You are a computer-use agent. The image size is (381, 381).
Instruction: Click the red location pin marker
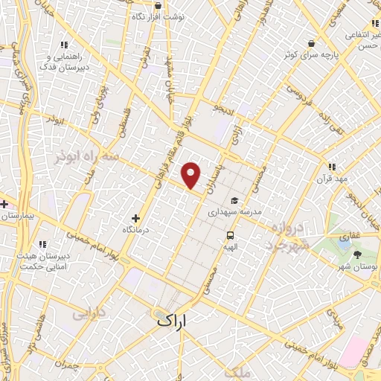coord(191,176)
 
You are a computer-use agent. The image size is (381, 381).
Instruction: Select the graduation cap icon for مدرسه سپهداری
coord(234,201)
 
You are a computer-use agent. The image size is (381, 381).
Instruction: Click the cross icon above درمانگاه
coord(135,218)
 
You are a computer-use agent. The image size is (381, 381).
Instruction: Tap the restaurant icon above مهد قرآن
coord(332,167)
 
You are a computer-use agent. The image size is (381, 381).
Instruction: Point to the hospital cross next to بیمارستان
coord(4,204)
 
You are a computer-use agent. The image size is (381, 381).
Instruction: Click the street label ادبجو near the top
coord(223,109)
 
